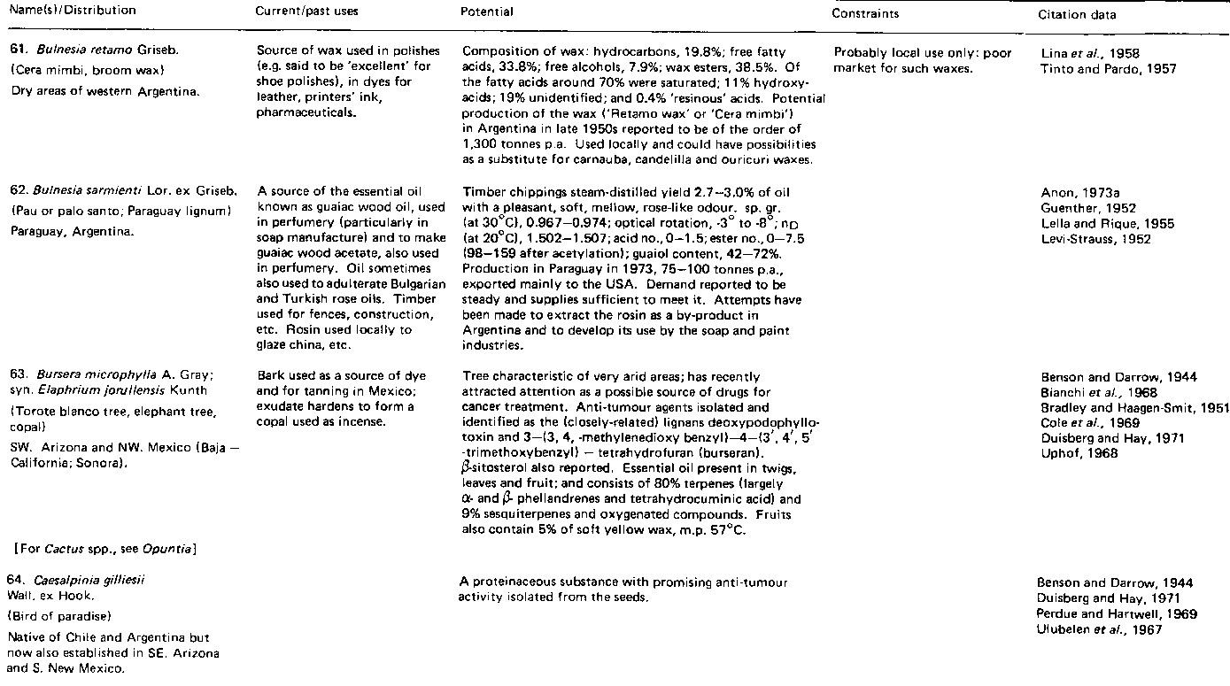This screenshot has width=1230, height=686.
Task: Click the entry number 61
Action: point(13,52)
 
